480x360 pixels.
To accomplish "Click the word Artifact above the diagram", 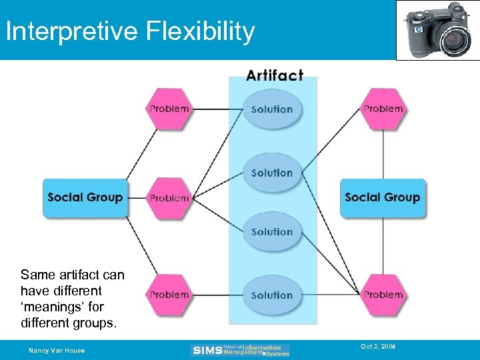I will click(x=274, y=75).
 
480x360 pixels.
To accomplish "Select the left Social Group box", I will click(x=85, y=197).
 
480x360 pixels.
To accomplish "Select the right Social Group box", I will click(x=382, y=197).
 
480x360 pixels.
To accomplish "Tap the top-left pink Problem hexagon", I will click(x=169, y=109).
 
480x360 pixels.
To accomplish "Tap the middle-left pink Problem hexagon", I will click(x=169, y=198).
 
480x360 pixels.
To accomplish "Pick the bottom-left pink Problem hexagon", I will click(x=169, y=295).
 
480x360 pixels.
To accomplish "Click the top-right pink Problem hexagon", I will click(x=383, y=109).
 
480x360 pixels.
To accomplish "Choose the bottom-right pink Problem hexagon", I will click(x=383, y=295).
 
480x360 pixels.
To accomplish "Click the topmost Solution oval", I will click(x=272, y=109).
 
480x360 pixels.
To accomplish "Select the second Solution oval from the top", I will click(x=272, y=173).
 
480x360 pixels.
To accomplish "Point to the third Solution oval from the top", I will click(x=272, y=232).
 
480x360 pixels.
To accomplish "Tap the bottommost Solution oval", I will click(x=272, y=295).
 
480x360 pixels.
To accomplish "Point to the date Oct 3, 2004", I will click(x=378, y=347).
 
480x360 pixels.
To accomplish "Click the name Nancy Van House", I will click(x=57, y=351).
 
